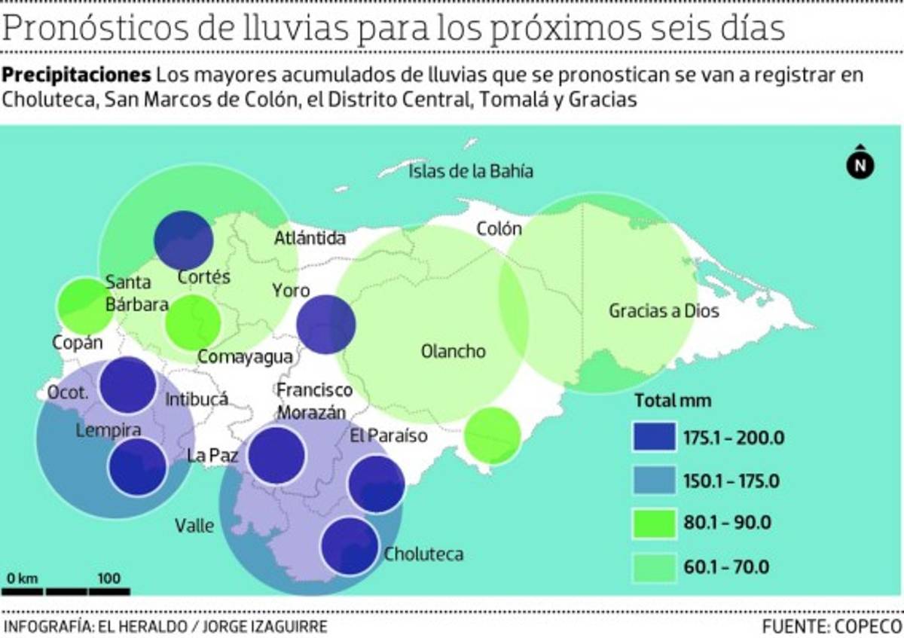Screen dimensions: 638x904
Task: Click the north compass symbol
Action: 860,163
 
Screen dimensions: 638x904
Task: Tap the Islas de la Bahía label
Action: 471,172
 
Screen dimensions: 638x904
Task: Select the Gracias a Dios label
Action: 664,310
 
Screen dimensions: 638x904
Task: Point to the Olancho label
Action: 454,352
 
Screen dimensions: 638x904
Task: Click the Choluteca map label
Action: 423,555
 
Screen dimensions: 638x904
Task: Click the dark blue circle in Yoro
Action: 325,325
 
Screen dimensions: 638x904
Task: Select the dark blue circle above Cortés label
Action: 183,240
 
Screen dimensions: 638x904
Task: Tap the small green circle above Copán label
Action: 85,307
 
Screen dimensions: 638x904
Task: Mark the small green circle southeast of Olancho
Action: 493,435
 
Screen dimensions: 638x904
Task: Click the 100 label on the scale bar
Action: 109,578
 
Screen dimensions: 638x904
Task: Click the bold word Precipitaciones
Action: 77,76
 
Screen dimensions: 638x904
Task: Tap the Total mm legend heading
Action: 673,400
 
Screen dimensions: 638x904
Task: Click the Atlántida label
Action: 310,239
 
